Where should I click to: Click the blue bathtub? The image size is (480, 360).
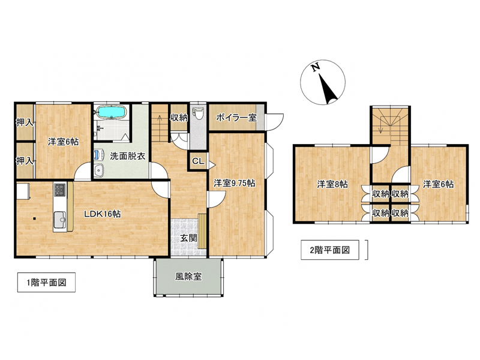tap(110, 112)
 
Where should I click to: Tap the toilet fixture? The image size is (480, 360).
tap(198, 113)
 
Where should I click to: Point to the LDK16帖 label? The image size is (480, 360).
tap(102, 214)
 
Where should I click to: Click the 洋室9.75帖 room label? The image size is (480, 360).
tap(234, 184)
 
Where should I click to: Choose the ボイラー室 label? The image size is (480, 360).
tap(236, 118)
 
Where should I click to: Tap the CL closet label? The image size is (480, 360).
tap(198, 161)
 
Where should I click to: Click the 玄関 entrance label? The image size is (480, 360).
tap(188, 238)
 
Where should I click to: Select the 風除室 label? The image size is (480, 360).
tap(188, 277)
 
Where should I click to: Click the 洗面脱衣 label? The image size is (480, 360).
tap(127, 156)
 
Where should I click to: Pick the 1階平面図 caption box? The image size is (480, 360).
tap(46, 282)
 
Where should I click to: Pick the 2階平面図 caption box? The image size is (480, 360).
tap(329, 250)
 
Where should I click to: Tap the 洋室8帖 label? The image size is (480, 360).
tap(332, 184)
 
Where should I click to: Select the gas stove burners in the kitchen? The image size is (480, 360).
tap(59, 190)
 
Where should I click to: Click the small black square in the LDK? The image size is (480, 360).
tap(35, 218)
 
